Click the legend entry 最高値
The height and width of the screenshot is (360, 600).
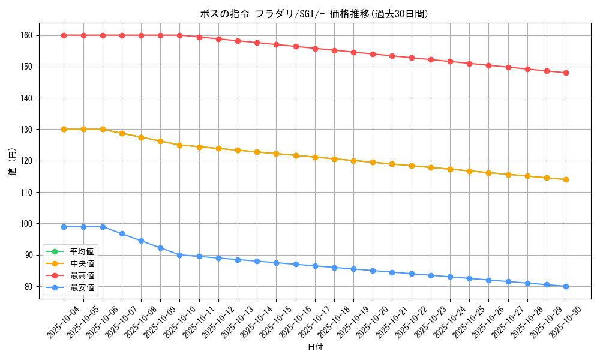tap(82, 275)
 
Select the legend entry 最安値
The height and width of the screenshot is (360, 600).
tap(82, 287)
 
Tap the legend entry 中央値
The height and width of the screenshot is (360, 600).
tap(82, 263)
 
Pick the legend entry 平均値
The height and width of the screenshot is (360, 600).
tap(82, 251)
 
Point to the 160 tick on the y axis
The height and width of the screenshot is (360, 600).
tap(28, 35)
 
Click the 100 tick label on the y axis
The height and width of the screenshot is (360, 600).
tap(28, 224)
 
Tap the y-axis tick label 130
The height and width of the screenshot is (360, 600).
tap(28, 130)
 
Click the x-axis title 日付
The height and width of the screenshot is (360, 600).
tap(314, 347)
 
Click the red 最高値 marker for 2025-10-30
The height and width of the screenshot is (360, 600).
tap(566, 73)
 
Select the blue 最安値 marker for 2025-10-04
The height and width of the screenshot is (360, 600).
tap(64, 227)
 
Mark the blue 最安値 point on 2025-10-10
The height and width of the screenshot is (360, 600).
tap(179, 255)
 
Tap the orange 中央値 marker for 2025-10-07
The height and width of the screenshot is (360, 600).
tap(122, 133)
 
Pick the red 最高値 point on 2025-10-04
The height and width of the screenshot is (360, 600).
tap(64, 35)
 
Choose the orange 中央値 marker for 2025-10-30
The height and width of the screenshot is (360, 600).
tap(566, 179)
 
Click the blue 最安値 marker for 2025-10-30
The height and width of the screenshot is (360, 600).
tap(566, 286)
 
